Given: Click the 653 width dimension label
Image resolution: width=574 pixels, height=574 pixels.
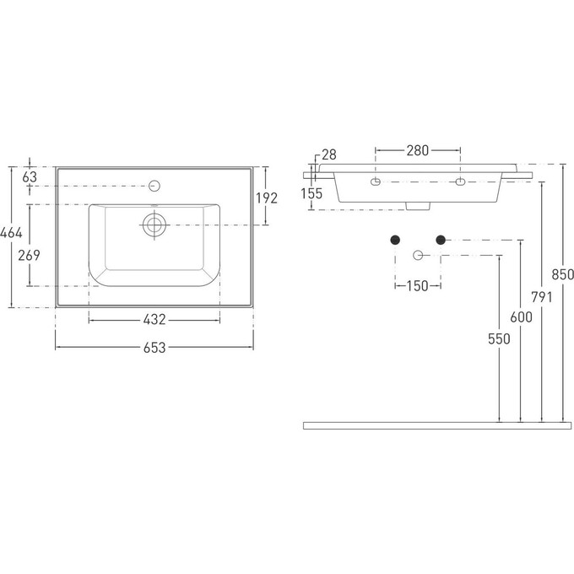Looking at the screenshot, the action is (x=154, y=348).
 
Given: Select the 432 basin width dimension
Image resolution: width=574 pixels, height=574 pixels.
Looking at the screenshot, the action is (x=154, y=320).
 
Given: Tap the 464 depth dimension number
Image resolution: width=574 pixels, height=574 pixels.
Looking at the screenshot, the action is (x=11, y=232).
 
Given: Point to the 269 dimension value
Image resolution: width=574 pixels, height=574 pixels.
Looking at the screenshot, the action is (x=29, y=255).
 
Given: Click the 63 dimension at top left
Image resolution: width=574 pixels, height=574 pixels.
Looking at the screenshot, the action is (x=30, y=176).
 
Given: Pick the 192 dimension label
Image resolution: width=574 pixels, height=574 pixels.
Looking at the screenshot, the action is (x=267, y=198).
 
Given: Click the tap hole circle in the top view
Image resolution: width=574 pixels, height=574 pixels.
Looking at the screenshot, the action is (x=154, y=186).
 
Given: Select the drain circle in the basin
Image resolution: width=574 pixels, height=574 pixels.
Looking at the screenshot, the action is (x=154, y=225).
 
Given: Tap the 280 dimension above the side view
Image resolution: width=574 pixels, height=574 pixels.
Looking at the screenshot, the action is (x=417, y=150).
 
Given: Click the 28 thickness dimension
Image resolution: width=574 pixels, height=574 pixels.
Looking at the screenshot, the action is (x=328, y=154).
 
